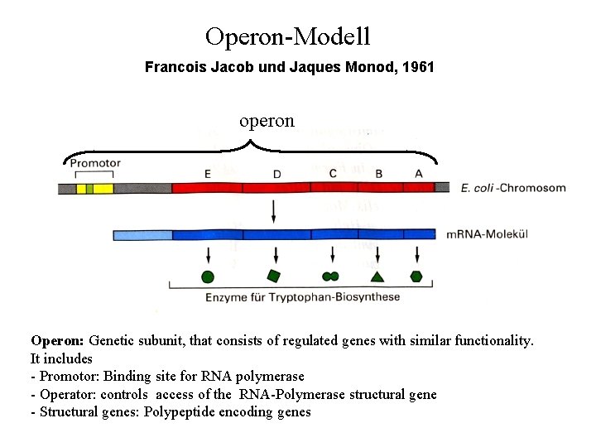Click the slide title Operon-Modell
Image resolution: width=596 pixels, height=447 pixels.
coord(287,36)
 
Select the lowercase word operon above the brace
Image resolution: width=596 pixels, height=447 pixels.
coord(267,121)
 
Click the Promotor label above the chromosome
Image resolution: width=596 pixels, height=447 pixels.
coord(95,163)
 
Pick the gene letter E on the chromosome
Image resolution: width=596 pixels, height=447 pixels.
coord(207,173)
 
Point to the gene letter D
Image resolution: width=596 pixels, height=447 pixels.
coord(276,173)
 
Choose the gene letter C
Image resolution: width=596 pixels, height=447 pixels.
coord(333,173)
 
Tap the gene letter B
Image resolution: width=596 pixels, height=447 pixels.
coord(378,173)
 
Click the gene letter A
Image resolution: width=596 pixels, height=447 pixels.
coord(418,173)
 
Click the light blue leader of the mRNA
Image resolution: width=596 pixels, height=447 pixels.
coord(142,234)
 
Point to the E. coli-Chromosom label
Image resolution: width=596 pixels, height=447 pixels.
coord(512,188)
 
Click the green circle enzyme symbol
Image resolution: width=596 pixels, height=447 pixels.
coord(208,276)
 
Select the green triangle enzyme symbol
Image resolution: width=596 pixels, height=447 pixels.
coord(377,276)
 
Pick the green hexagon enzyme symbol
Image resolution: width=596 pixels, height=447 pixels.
coord(416,276)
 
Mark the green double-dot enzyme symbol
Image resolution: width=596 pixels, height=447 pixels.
coord(330,276)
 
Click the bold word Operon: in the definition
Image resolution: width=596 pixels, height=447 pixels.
coord(57,340)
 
